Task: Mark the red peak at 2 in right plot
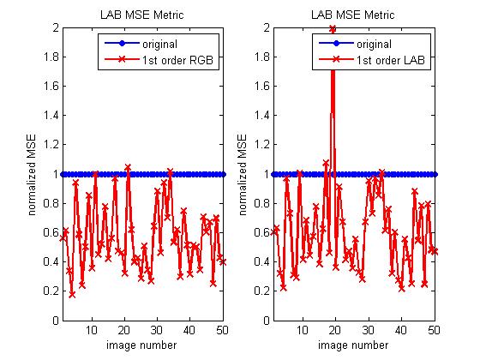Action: pos(332,29)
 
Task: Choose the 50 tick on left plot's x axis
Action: pos(223,330)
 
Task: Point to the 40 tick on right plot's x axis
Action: pos(400,330)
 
